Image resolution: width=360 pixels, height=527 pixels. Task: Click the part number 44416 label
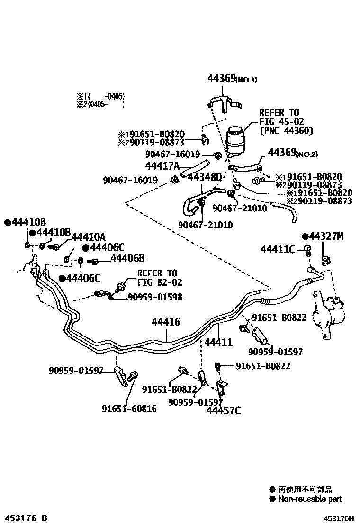tap(166, 322)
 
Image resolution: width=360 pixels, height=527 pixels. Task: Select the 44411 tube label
tap(218, 341)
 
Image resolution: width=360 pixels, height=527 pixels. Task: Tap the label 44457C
tap(223, 410)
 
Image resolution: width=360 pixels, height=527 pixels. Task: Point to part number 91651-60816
tap(129, 409)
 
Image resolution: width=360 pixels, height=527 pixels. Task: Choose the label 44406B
tap(127, 258)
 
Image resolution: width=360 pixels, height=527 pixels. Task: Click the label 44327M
tap(325, 236)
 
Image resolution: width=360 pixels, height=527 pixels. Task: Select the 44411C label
tap(278, 249)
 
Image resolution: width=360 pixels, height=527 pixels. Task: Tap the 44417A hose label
tap(162, 165)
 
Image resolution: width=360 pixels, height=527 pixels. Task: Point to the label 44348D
tap(205, 177)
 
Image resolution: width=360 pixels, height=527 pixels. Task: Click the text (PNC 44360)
tap(287, 130)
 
